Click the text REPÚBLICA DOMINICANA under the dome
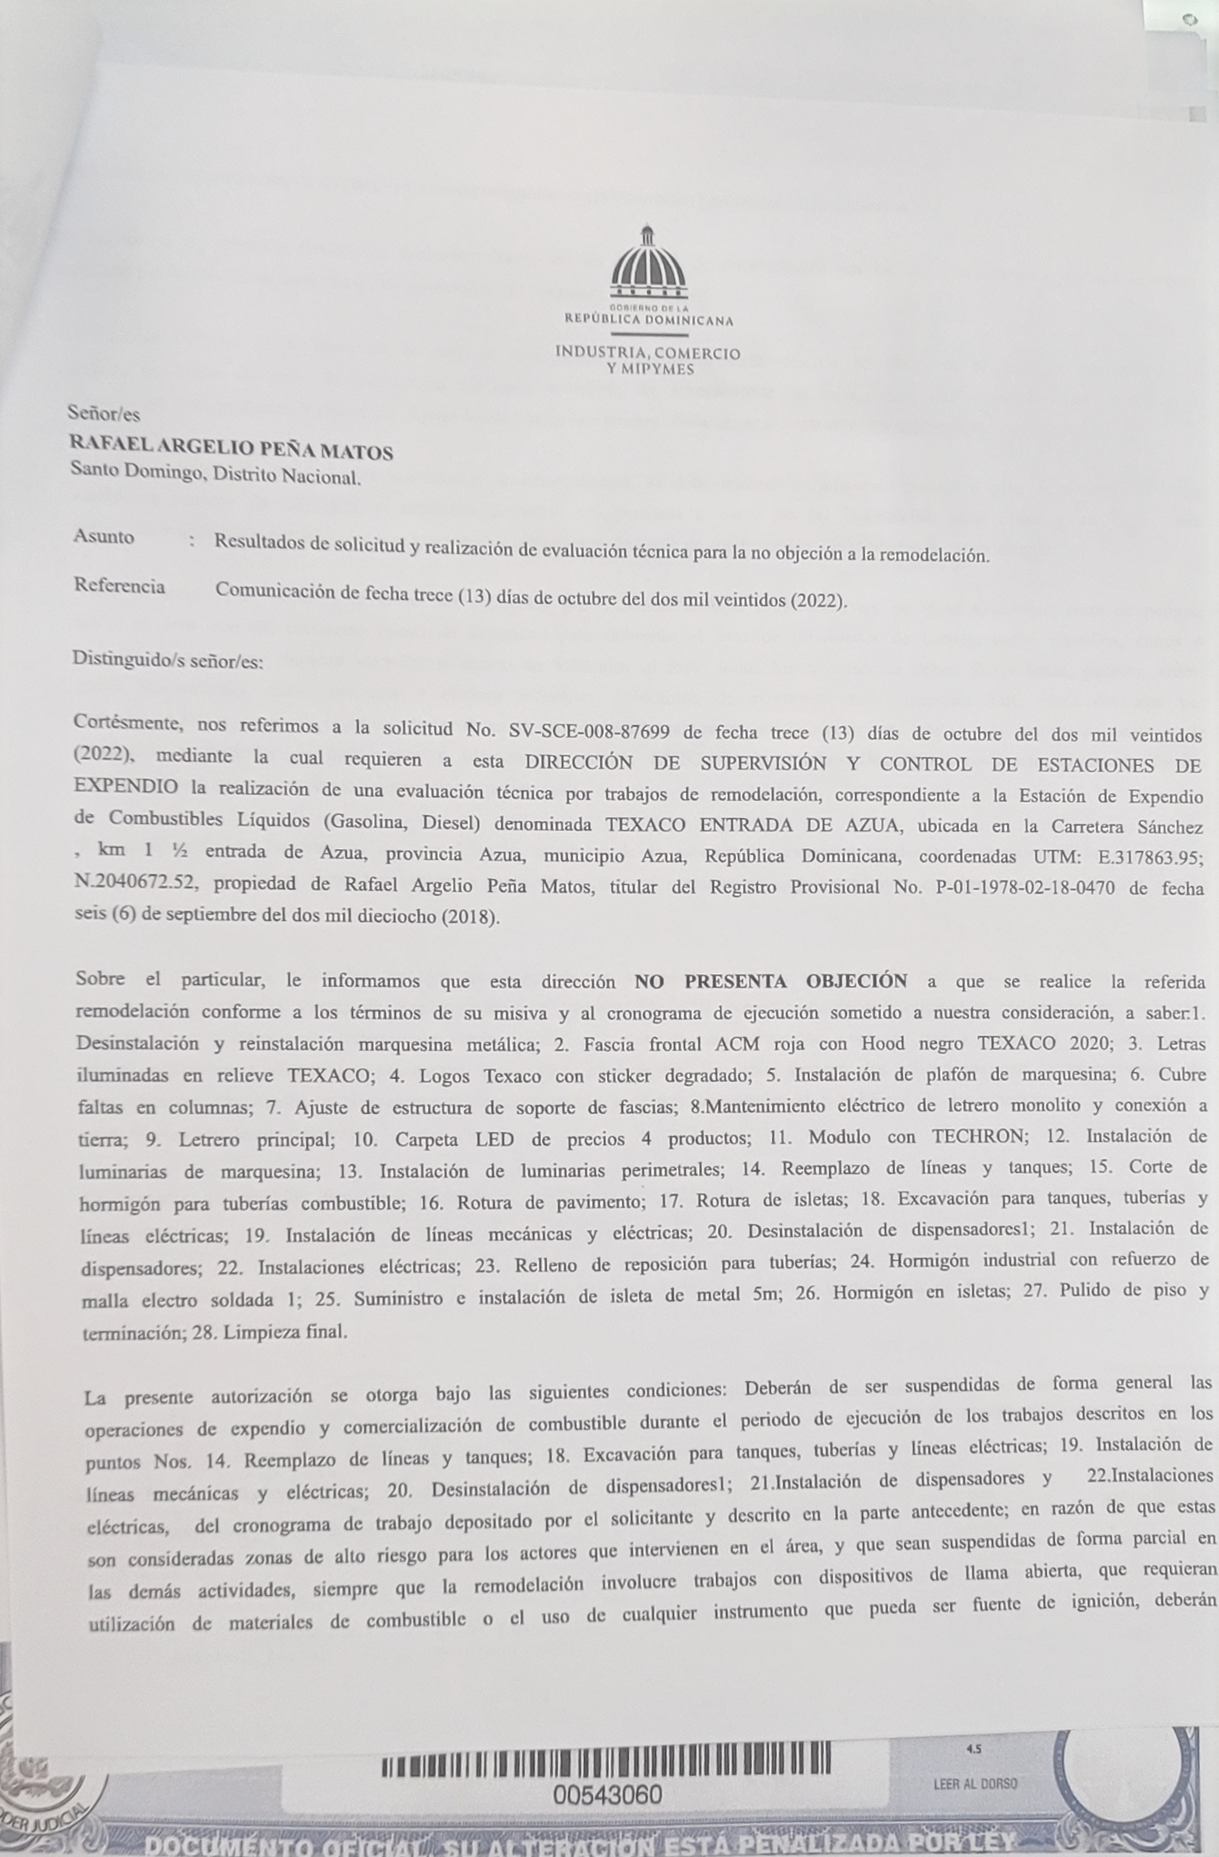point(649,320)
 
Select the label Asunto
point(104,537)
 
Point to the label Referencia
point(120,586)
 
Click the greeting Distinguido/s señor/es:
point(168,661)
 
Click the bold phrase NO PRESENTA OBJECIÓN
point(770,981)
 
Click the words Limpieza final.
point(284,1332)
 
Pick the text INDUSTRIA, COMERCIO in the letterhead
point(648,352)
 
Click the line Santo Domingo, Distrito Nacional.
point(215,474)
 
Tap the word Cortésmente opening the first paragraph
point(129,723)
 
